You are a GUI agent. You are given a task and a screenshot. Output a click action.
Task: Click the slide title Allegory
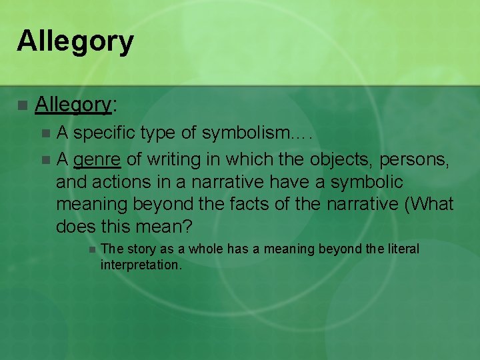[x=75, y=41]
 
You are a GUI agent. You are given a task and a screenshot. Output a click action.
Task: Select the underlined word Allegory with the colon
[x=75, y=105]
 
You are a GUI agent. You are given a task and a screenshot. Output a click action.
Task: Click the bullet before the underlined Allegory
[x=23, y=105]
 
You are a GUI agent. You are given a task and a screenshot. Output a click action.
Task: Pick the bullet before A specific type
[x=45, y=134]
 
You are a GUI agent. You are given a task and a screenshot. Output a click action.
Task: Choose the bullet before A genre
[x=45, y=160]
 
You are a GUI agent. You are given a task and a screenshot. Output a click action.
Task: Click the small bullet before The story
[x=91, y=250]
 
